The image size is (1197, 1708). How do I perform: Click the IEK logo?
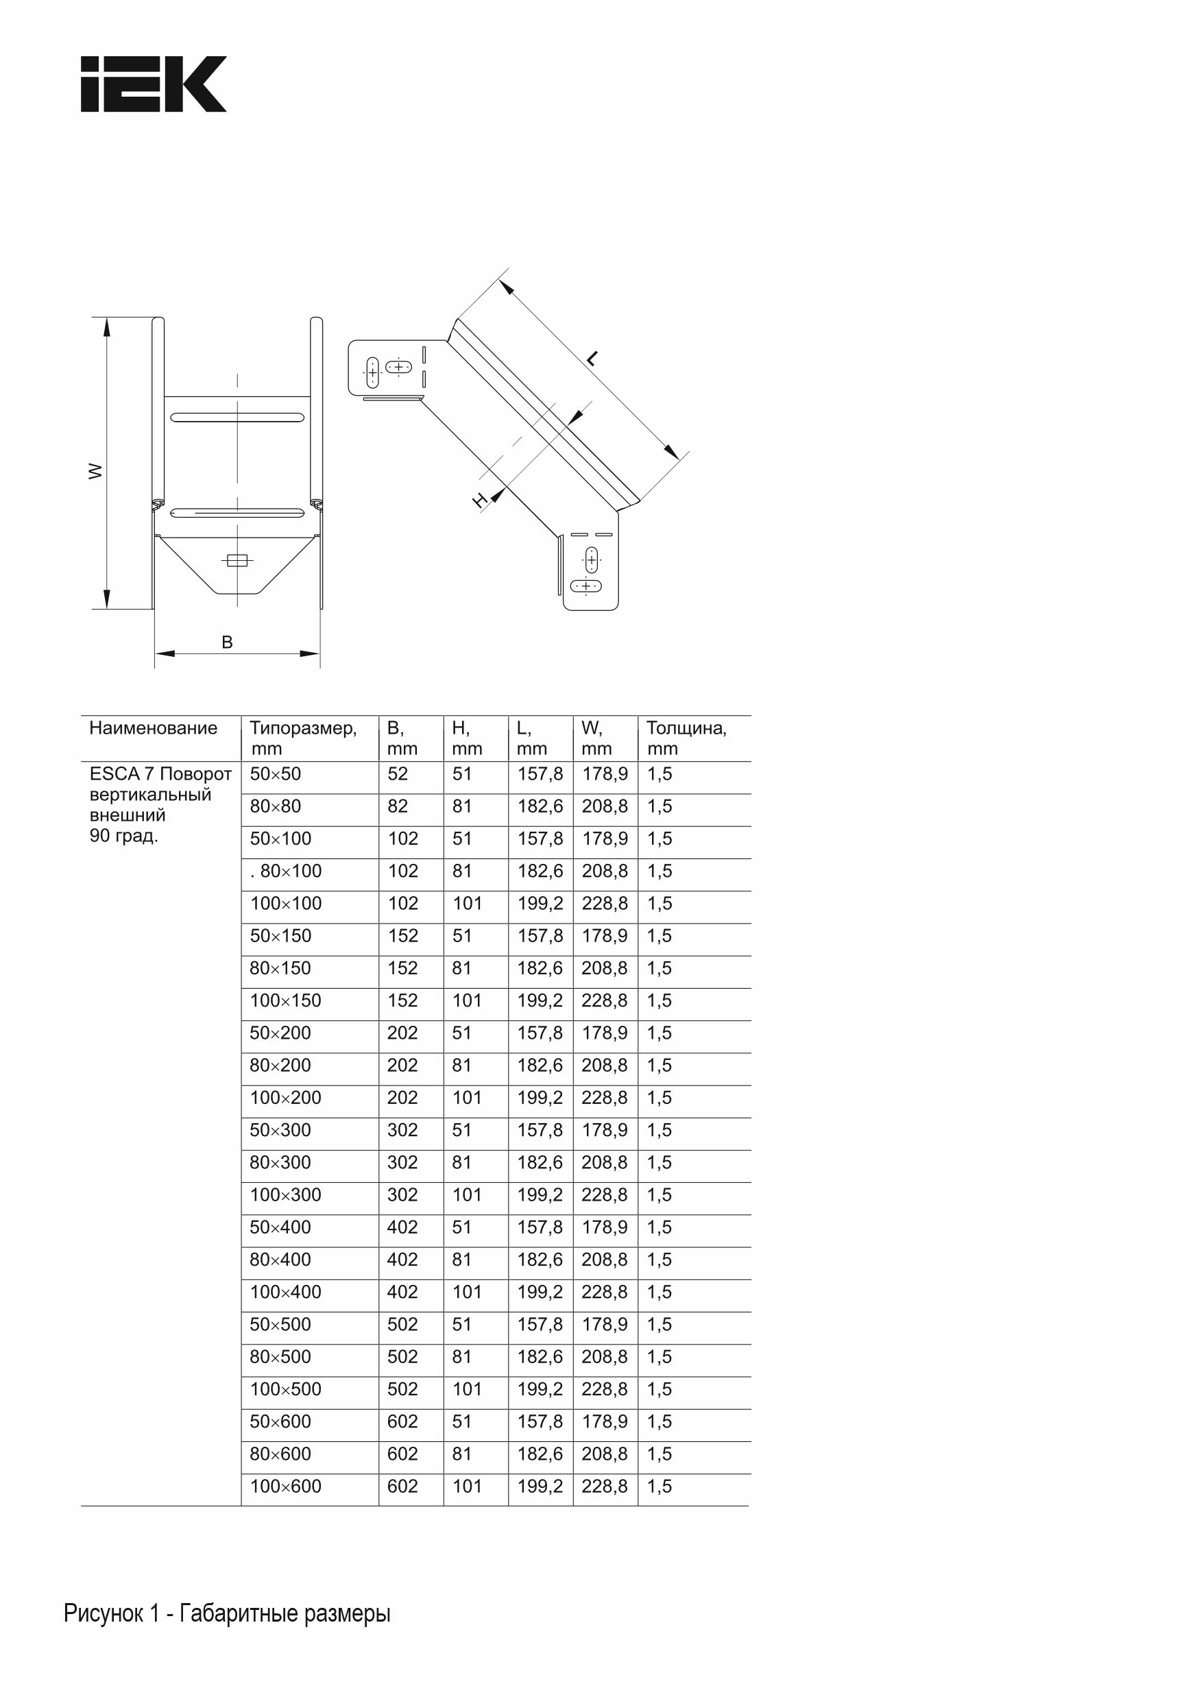pos(154,84)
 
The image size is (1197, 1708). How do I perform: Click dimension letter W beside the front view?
pos(95,471)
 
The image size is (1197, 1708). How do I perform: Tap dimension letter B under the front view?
pos(227,642)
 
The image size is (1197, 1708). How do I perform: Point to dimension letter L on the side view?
pos(592,359)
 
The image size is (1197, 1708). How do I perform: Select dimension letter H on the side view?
pos(481,500)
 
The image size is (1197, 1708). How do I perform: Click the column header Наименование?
pos(154,727)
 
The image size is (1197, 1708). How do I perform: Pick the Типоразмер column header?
pos(303,727)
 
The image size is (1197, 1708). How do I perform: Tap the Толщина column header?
pos(686,727)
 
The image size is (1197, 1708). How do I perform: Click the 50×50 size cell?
pos(276,773)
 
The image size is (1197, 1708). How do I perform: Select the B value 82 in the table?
pos(398,806)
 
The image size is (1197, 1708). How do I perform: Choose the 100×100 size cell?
pos(286,903)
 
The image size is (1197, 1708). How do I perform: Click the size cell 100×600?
pos(286,1487)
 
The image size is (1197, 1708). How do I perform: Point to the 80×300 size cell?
pos(280,1162)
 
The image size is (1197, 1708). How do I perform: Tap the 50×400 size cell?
pos(280,1227)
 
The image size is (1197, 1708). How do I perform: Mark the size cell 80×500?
pos(280,1357)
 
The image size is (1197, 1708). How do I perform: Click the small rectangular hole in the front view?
pos(237,561)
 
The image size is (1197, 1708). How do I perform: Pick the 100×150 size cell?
pos(286,1000)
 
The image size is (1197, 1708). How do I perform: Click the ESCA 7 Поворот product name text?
pos(160,773)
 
